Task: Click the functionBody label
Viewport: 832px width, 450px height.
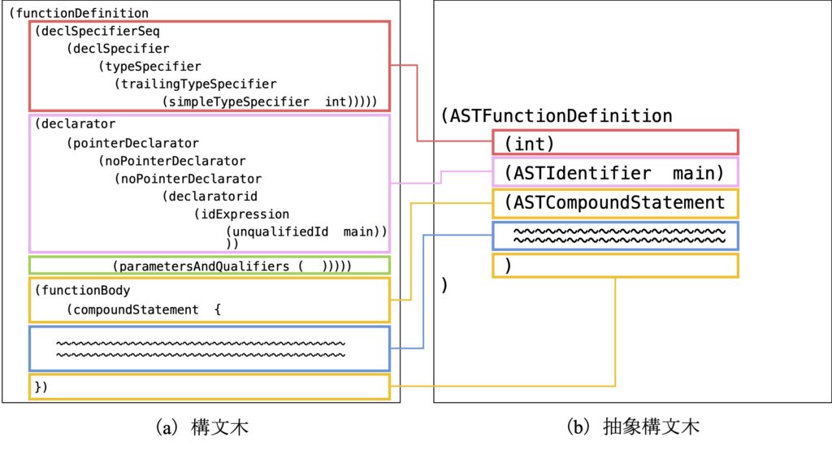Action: pyautogui.click(x=85, y=290)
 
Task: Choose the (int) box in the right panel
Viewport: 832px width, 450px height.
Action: pyautogui.click(x=615, y=142)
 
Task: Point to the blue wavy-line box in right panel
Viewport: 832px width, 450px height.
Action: pyautogui.click(x=615, y=236)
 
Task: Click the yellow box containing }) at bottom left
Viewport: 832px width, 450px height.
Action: pyautogui.click(x=210, y=387)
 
